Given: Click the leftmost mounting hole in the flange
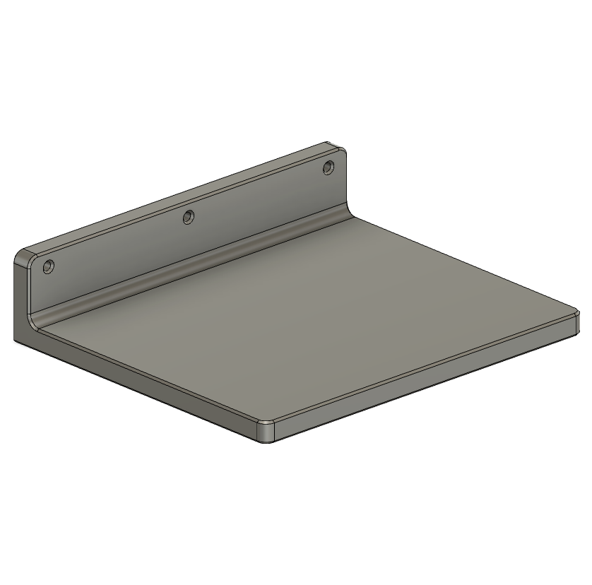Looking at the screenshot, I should click(48, 267).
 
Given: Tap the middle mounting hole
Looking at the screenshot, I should click(188, 217).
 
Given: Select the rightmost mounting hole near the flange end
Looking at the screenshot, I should click(328, 167).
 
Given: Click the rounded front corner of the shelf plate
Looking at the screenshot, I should click(266, 430).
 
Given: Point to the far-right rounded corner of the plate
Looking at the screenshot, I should click(576, 317).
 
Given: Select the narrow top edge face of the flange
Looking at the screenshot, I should click(177, 198).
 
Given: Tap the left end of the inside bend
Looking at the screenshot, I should click(35, 321).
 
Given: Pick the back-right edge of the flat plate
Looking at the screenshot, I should click(466, 261).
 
